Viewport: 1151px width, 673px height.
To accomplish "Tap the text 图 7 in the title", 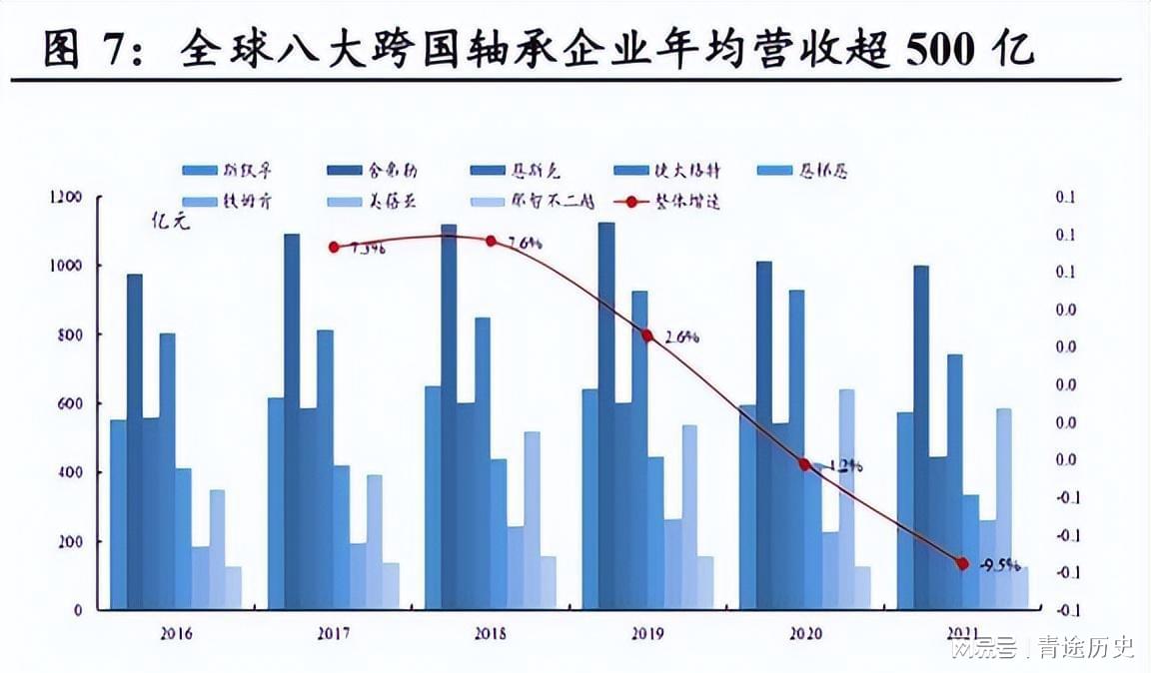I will pos(85,49).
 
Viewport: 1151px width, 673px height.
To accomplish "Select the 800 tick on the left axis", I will pos(69,336).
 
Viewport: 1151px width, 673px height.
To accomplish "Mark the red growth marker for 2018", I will pos(491,242).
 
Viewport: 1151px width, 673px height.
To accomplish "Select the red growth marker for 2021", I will pos(962,563).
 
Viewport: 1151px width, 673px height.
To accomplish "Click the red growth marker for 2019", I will pos(647,336).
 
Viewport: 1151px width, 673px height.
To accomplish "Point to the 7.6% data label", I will pos(525,243).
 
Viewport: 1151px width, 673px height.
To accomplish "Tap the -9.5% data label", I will pos(999,564).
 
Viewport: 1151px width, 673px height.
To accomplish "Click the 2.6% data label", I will pos(681,336).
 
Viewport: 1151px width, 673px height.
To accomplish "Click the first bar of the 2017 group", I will pos(276,503).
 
